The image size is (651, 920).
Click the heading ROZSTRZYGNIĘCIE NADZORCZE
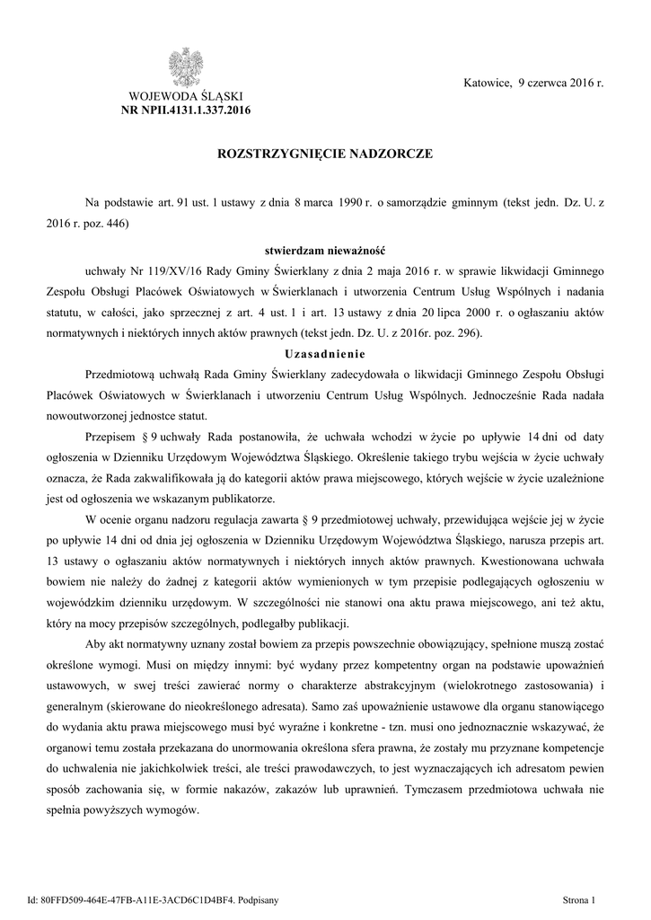tap(325, 155)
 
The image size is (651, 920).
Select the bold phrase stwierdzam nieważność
tap(325, 249)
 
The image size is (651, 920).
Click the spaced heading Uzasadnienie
tap(325, 353)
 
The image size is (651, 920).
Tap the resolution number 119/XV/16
tap(163, 270)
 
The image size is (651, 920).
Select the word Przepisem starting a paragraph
tap(114, 437)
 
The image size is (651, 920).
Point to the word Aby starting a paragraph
tap(96, 645)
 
